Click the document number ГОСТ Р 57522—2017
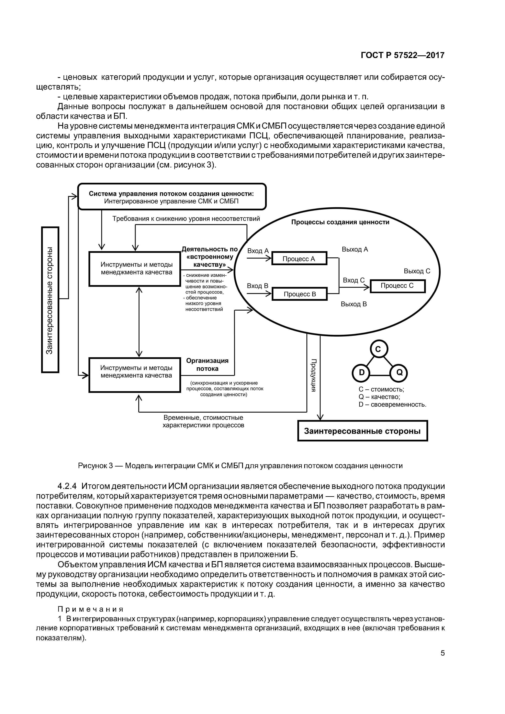coord(403,55)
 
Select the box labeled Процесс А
coord(299,258)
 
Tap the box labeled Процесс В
coord(299,294)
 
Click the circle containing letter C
coord(378,349)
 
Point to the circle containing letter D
coord(361,372)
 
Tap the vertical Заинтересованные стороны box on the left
coord(50,300)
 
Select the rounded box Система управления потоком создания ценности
coord(171,197)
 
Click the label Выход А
coord(355,249)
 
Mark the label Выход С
coord(417,271)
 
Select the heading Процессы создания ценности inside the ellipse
coord(340,222)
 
